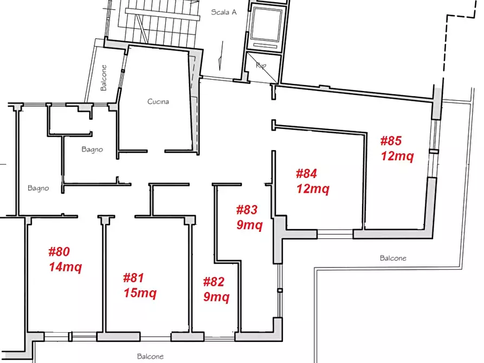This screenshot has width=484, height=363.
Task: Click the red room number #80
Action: (x=59, y=251)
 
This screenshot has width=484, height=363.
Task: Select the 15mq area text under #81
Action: (x=140, y=293)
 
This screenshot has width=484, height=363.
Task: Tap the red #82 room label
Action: (x=214, y=282)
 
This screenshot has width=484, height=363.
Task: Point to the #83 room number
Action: (x=247, y=210)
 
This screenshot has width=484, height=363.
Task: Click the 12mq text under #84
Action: (x=313, y=189)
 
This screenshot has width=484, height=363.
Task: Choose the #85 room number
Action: (x=391, y=141)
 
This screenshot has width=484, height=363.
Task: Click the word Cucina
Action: (x=158, y=101)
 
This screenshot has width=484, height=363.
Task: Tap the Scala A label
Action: (x=224, y=12)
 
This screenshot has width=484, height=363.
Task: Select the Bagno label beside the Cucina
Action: (x=92, y=150)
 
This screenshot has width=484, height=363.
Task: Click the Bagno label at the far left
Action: (x=38, y=189)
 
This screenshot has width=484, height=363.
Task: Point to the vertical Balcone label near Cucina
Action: (x=104, y=78)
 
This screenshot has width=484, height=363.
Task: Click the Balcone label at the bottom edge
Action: (x=150, y=356)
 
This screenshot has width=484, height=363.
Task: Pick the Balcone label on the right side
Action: (x=393, y=258)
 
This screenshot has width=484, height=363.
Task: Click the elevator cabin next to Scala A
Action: (x=266, y=24)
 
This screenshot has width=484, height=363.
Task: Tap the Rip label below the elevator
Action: (x=261, y=66)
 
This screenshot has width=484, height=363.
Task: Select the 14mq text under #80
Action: (x=66, y=267)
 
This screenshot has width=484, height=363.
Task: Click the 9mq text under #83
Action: (x=249, y=225)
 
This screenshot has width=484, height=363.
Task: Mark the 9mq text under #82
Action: (x=216, y=297)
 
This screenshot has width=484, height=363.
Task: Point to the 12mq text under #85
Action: (x=397, y=156)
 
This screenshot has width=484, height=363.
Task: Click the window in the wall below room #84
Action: (x=335, y=234)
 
